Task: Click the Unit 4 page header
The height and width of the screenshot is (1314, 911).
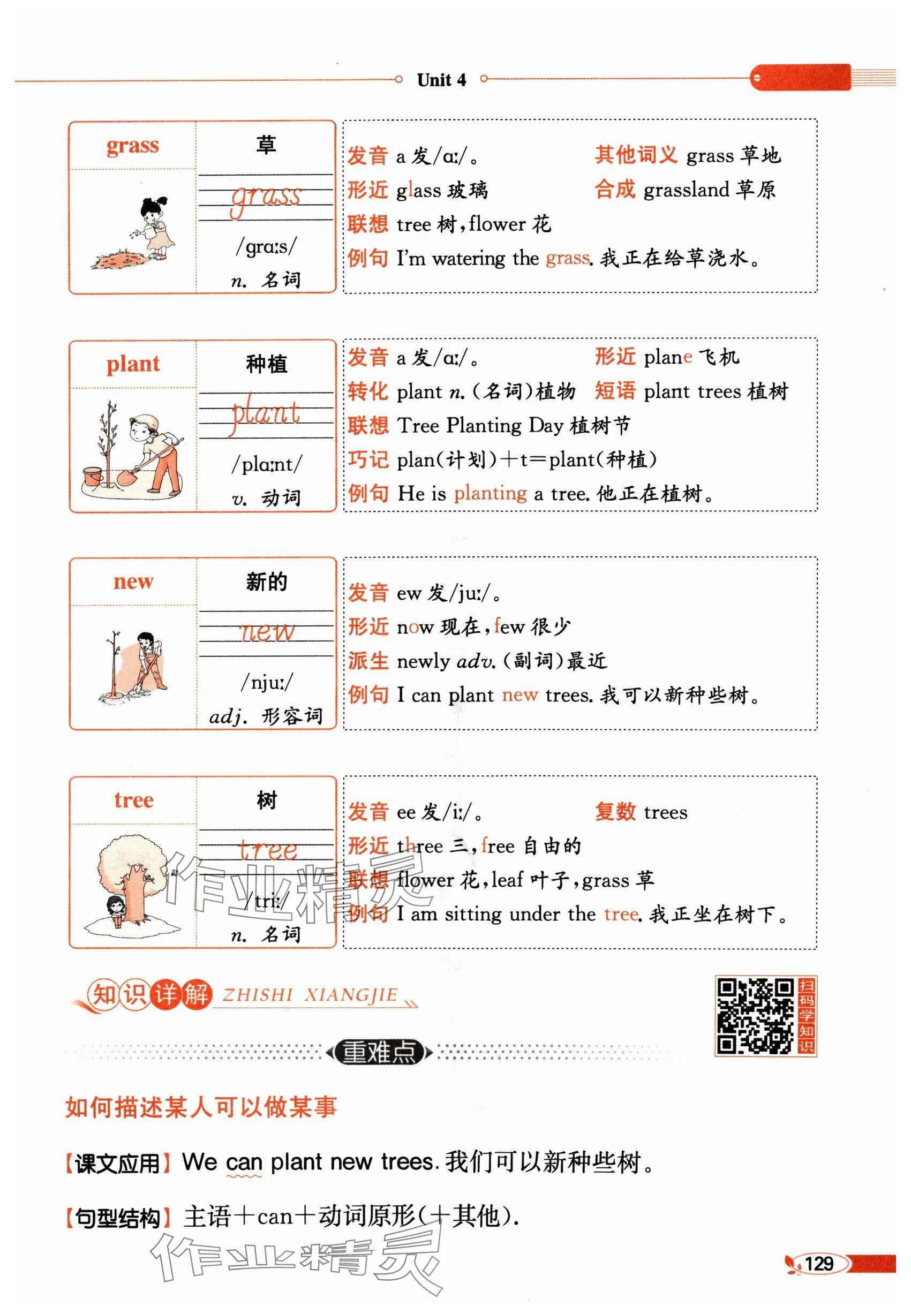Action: point(441,80)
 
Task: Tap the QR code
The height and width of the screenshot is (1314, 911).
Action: point(755,1016)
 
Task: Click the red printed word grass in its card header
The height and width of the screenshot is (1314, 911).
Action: point(132,146)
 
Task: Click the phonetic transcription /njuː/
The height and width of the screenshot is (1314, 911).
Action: point(267,682)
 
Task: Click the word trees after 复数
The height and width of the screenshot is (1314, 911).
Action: point(666,812)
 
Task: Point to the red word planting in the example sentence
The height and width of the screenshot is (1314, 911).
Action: point(491,494)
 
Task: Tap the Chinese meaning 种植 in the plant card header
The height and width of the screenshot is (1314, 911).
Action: point(267,364)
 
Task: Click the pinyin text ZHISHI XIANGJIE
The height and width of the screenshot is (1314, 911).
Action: point(310,995)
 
